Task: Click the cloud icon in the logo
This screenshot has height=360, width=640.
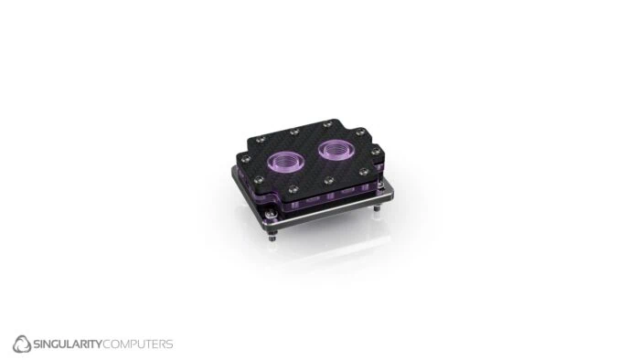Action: click(x=23, y=344)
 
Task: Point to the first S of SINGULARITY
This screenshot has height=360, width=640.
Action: click(x=40, y=344)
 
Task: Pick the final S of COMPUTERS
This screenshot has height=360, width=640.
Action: click(x=168, y=344)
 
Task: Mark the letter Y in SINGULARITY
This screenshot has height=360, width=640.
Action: click(x=100, y=344)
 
